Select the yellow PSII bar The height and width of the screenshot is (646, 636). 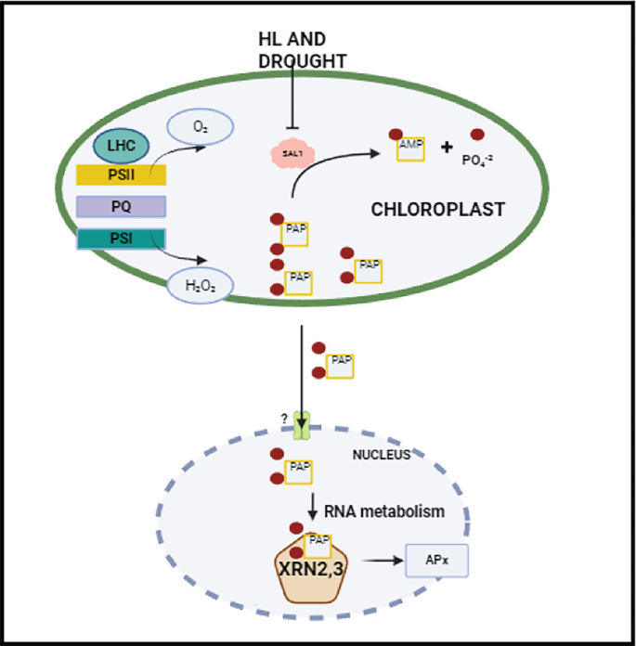click(121, 174)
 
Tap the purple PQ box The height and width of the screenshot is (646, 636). click(121, 206)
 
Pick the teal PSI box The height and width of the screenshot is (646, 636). click(121, 239)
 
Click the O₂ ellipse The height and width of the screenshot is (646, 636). click(200, 126)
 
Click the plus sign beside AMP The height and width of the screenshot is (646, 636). click(447, 147)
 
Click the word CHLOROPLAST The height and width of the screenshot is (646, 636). click(438, 210)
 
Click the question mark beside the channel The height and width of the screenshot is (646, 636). click(283, 419)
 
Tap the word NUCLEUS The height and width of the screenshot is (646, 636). click(381, 456)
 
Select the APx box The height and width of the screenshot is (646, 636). click(436, 561)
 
